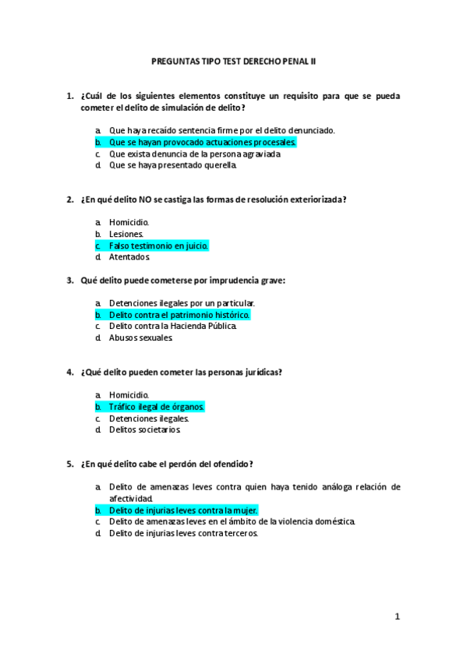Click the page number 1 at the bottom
pos(397,617)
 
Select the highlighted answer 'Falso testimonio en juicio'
pos(159,245)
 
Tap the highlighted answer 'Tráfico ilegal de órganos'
pos(157,406)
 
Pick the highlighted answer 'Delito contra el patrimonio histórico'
pos(179,314)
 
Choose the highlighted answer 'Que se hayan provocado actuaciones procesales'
pos(203,143)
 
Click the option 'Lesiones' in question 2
pos(126,233)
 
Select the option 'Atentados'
pos(129,256)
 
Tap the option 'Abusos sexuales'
pos(141,338)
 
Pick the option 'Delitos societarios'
pos(145,429)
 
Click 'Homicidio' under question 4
pos(129,394)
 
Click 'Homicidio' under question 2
pos(129,221)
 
